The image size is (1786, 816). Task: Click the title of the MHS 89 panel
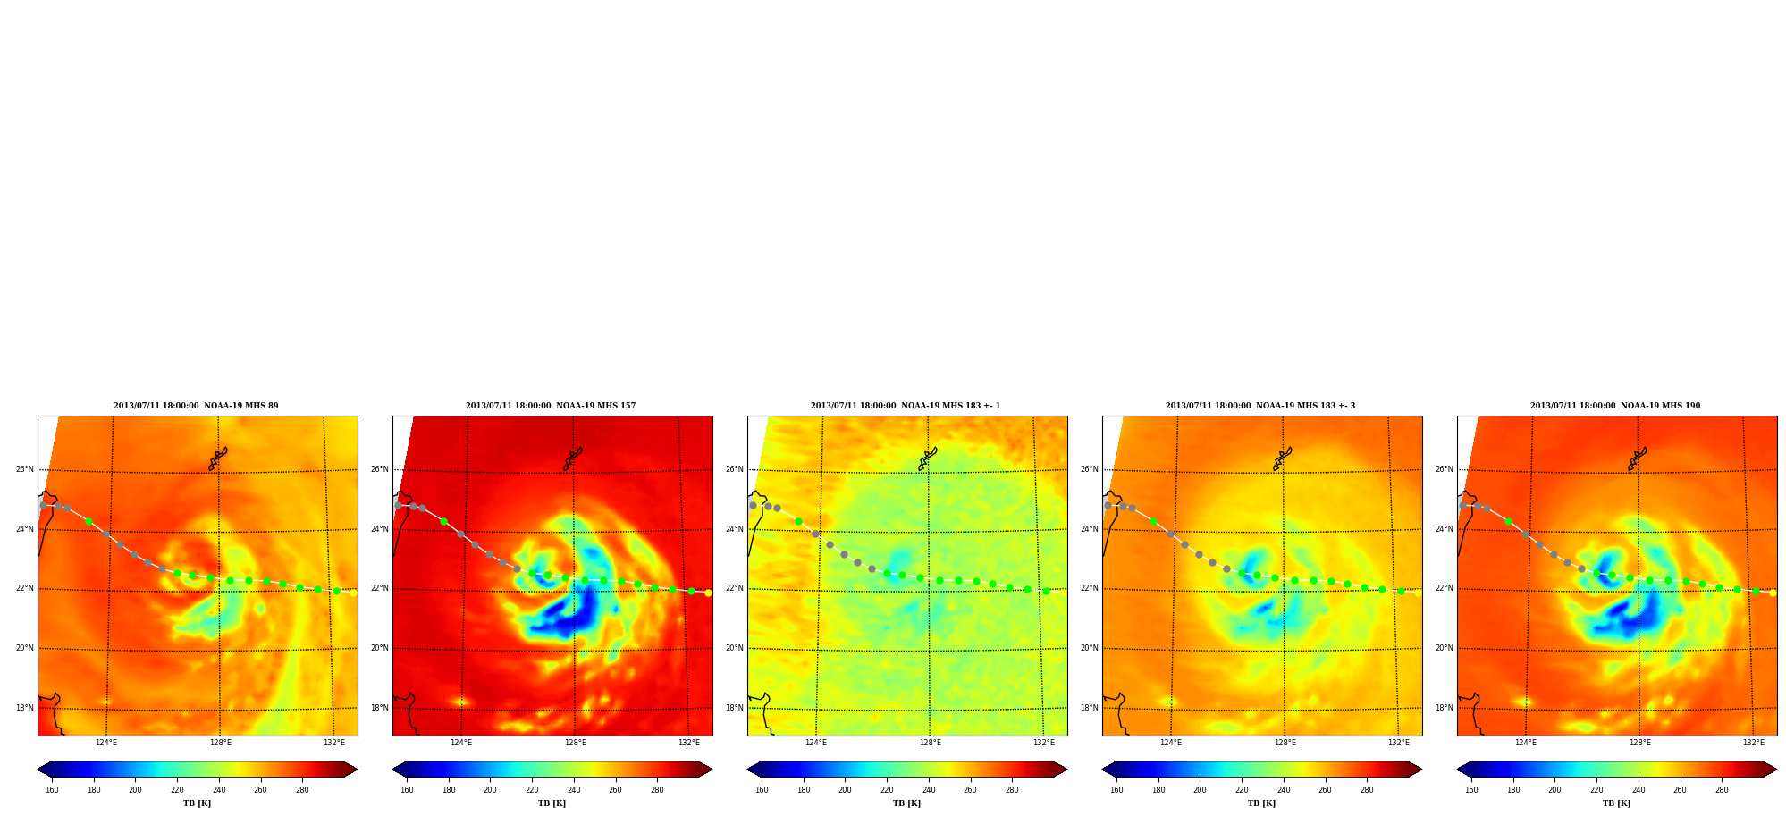coord(196,406)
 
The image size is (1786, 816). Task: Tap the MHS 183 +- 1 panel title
coord(906,406)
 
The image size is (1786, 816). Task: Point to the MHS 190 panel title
coord(1615,406)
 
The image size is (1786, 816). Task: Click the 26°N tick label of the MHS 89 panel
coord(24,469)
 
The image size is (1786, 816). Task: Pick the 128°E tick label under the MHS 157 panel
coord(575,743)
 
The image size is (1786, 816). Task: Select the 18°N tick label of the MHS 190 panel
coord(1444,708)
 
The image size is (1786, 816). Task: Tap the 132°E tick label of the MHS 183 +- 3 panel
coord(1399,743)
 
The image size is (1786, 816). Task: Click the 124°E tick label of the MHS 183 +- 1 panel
coord(816,743)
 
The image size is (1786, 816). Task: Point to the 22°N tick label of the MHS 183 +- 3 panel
coord(1089,588)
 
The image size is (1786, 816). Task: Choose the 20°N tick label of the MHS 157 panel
coord(379,648)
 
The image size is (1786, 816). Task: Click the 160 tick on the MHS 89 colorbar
coord(52,790)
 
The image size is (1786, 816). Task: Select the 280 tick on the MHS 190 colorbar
coord(1722,790)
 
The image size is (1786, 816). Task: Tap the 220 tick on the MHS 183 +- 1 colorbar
coord(887,790)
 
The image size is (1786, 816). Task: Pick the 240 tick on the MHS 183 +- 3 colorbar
coord(1284,790)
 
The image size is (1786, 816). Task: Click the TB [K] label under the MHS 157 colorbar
coord(552,803)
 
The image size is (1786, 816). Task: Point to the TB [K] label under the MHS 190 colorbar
coord(1616,803)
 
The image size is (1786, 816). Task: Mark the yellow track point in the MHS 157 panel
coord(708,593)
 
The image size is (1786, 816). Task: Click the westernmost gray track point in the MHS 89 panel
coord(43,505)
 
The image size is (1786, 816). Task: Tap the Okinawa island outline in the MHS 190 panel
coord(1637,458)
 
